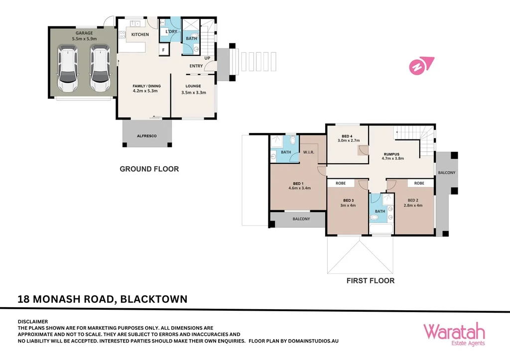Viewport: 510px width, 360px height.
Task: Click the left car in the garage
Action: pyautogui.click(x=68, y=68)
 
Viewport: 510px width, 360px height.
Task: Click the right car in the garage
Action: pyautogui.click(x=100, y=68)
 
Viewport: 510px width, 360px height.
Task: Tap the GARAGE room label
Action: pyautogui.click(x=84, y=33)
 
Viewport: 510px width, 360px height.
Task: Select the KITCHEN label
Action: pyautogui.click(x=140, y=34)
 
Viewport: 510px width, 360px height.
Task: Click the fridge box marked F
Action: pyautogui.click(x=163, y=50)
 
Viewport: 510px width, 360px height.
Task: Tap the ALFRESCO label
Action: pyautogui.click(x=147, y=136)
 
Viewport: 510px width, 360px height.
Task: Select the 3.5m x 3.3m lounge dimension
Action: pyautogui.click(x=193, y=92)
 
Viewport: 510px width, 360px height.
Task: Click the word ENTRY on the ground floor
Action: pyautogui.click(x=196, y=66)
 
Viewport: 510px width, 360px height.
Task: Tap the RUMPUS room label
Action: pyautogui.click(x=392, y=154)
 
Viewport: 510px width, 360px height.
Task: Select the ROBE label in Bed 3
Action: pyautogui.click(x=341, y=183)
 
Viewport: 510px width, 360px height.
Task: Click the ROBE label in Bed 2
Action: pyautogui.click(x=419, y=183)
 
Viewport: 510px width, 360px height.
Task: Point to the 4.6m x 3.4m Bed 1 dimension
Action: pyautogui.click(x=299, y=188)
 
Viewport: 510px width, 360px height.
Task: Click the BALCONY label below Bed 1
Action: pyautogui.click(x=301, y=219)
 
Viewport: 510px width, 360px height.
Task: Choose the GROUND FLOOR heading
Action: pyautogui.click(x=149, y=169)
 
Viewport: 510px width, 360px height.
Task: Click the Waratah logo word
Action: pyautogui.click(x=454, y=331)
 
